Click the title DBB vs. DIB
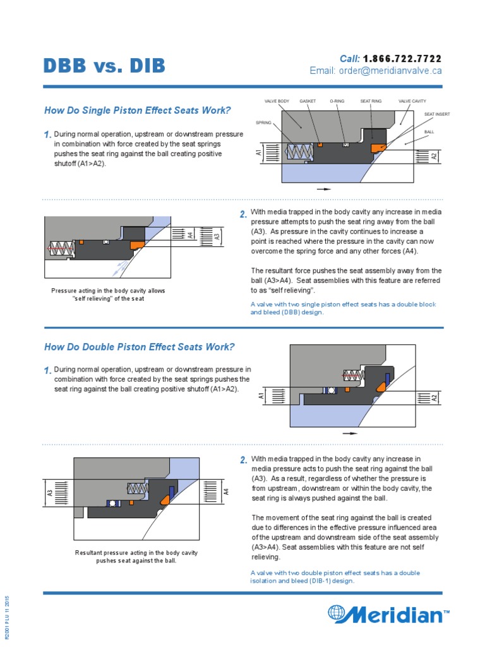tap(104, 65)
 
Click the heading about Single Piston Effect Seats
tap(137, 111)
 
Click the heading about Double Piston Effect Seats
tap(139, 347)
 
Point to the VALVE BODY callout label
tap(277, 101)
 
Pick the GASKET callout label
tap(308, 101)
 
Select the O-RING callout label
tap(337, 101)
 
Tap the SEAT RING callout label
tap(371, 101)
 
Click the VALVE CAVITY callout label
tap(412, 101)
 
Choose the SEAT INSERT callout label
tap(436, 114)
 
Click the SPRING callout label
tap(263, 122)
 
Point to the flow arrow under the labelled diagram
tap(323, 188)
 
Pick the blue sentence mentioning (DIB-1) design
tap(335, 577)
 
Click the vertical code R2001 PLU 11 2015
tap(8, 617)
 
